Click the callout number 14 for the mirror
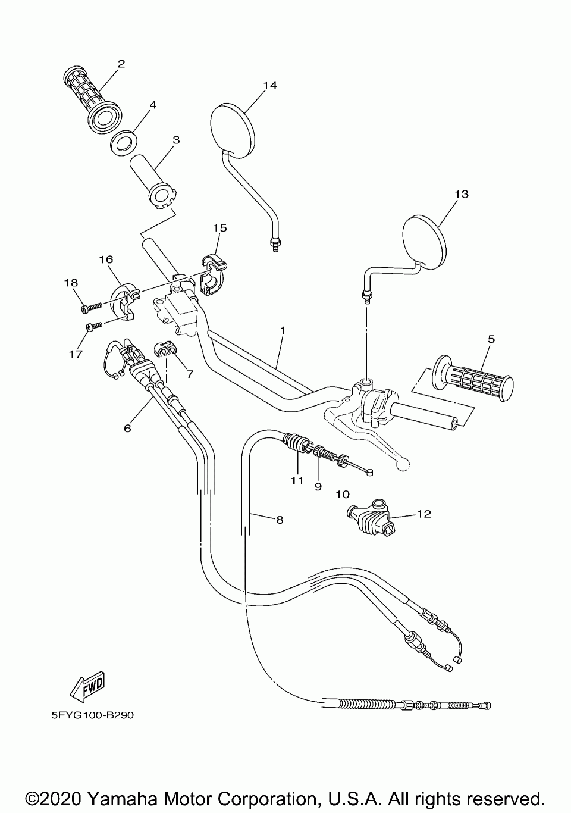tap(270, 85)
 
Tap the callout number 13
tap(462, 194)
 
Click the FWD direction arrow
tap(86, 684)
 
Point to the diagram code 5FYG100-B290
tap(92, 715)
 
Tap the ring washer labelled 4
tap(124, 141)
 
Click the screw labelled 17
tap(92, 326)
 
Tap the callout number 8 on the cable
tap(280, 520)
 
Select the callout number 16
tap(106, 259)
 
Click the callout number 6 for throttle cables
tap(127, 427)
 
